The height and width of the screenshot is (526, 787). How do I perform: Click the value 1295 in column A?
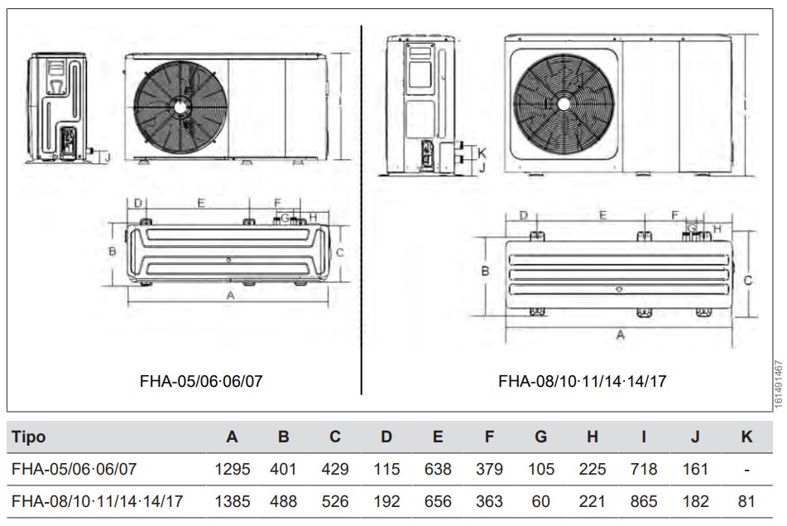(x=232, y=470)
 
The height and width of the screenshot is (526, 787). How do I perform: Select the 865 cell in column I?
(x=643, y=501)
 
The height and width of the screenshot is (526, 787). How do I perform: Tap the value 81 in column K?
(x=746, y=501)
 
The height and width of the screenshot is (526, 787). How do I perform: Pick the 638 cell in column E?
(x=437, y=470)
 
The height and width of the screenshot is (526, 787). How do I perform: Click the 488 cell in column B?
(x=283, y=501)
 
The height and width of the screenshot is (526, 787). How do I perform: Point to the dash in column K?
(x=746, y=470)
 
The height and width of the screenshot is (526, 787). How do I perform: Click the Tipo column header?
(x=29, y=437)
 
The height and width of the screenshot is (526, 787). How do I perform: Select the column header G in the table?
(x=540, y=437)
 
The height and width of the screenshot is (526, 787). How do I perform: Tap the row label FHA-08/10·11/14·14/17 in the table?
(x=98, y=501)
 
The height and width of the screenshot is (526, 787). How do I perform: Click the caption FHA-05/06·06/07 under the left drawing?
(x=202, y=381)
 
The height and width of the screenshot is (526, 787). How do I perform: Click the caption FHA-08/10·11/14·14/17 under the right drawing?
(x=582, y=381)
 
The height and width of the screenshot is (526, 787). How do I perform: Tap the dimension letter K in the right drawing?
(x=482, y=152)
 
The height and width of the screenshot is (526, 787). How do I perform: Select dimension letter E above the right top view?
(x=602, y=215)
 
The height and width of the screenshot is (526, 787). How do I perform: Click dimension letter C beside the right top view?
(x=747, y=281)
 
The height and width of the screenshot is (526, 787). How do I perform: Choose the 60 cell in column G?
(x=540, y=501)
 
